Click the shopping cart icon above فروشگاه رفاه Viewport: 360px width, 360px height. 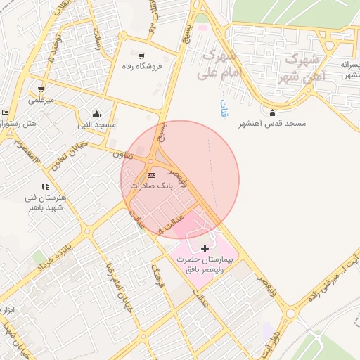pos(142,56)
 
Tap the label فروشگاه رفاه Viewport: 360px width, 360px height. pos(143,66)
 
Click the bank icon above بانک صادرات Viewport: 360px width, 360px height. pos(151,174)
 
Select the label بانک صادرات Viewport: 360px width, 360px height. pos(151,185)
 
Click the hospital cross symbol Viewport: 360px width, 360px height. pos(205,248)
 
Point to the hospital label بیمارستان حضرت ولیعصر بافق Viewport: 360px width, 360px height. pos(205,264)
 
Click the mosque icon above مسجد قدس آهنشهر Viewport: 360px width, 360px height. pos(273,113)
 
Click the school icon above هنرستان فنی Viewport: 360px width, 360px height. pos(45,187)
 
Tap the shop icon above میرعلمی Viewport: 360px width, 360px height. pos(41,89)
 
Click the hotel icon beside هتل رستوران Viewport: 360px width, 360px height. pos(6,113)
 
